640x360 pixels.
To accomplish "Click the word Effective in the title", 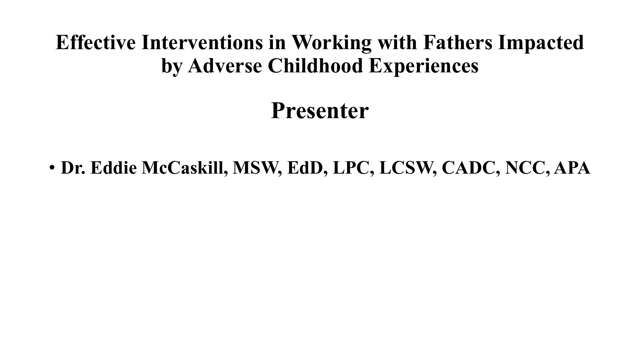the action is [x=96, y=42].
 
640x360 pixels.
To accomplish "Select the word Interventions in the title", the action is [x=202, y=42].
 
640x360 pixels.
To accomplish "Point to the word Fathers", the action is [x=458, y=42].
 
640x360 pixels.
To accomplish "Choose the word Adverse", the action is [x=225, y=66].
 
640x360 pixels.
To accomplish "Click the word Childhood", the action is [x=315, y=66].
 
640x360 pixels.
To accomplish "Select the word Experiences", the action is [x=424, y=67].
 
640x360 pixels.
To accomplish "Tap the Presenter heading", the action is [x=320, y=111].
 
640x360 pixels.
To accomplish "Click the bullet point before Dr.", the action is [x=52, y=168].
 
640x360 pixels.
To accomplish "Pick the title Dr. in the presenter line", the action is [x=73, y=168].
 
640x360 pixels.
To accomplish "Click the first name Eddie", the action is [x=114, y=167].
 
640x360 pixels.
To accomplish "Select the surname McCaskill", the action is [x=185, y=168].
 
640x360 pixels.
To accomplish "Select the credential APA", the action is [x=572, y=168].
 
